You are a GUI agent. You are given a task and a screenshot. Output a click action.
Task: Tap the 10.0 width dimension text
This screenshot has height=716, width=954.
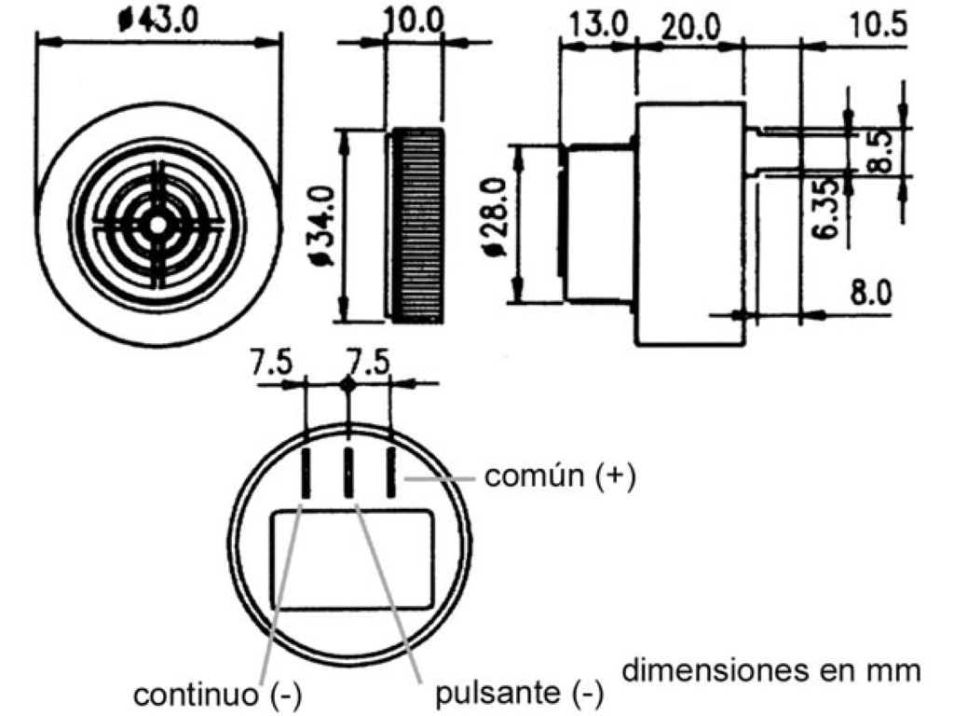[415, 21]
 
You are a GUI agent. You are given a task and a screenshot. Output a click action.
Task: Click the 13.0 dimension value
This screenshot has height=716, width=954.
[599, 25]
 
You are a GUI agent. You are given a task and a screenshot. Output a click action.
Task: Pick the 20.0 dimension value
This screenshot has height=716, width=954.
[689, 26]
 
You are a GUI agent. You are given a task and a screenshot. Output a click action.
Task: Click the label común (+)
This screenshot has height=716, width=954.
[559, 477]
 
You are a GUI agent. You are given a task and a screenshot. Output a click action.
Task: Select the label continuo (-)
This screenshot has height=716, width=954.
[219, 695]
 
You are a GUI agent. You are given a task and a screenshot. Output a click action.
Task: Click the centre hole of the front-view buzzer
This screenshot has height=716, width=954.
[158, 225]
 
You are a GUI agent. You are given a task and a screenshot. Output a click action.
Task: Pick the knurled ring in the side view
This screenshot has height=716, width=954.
[416, 226]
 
